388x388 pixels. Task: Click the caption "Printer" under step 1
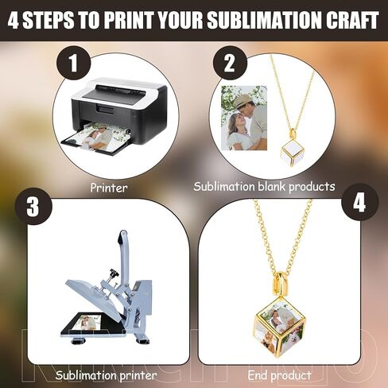click(109, 188)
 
